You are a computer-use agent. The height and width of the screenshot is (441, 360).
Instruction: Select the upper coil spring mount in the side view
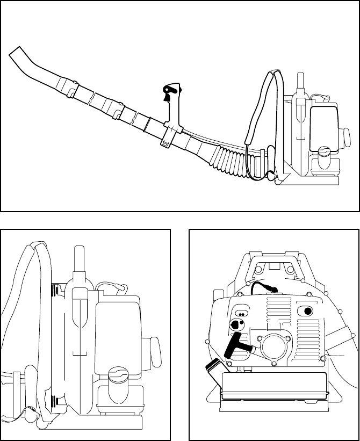[55, 290]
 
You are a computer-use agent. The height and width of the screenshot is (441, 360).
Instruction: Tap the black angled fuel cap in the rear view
[213, 371]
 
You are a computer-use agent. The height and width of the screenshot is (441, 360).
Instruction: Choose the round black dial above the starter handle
[235, 326]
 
